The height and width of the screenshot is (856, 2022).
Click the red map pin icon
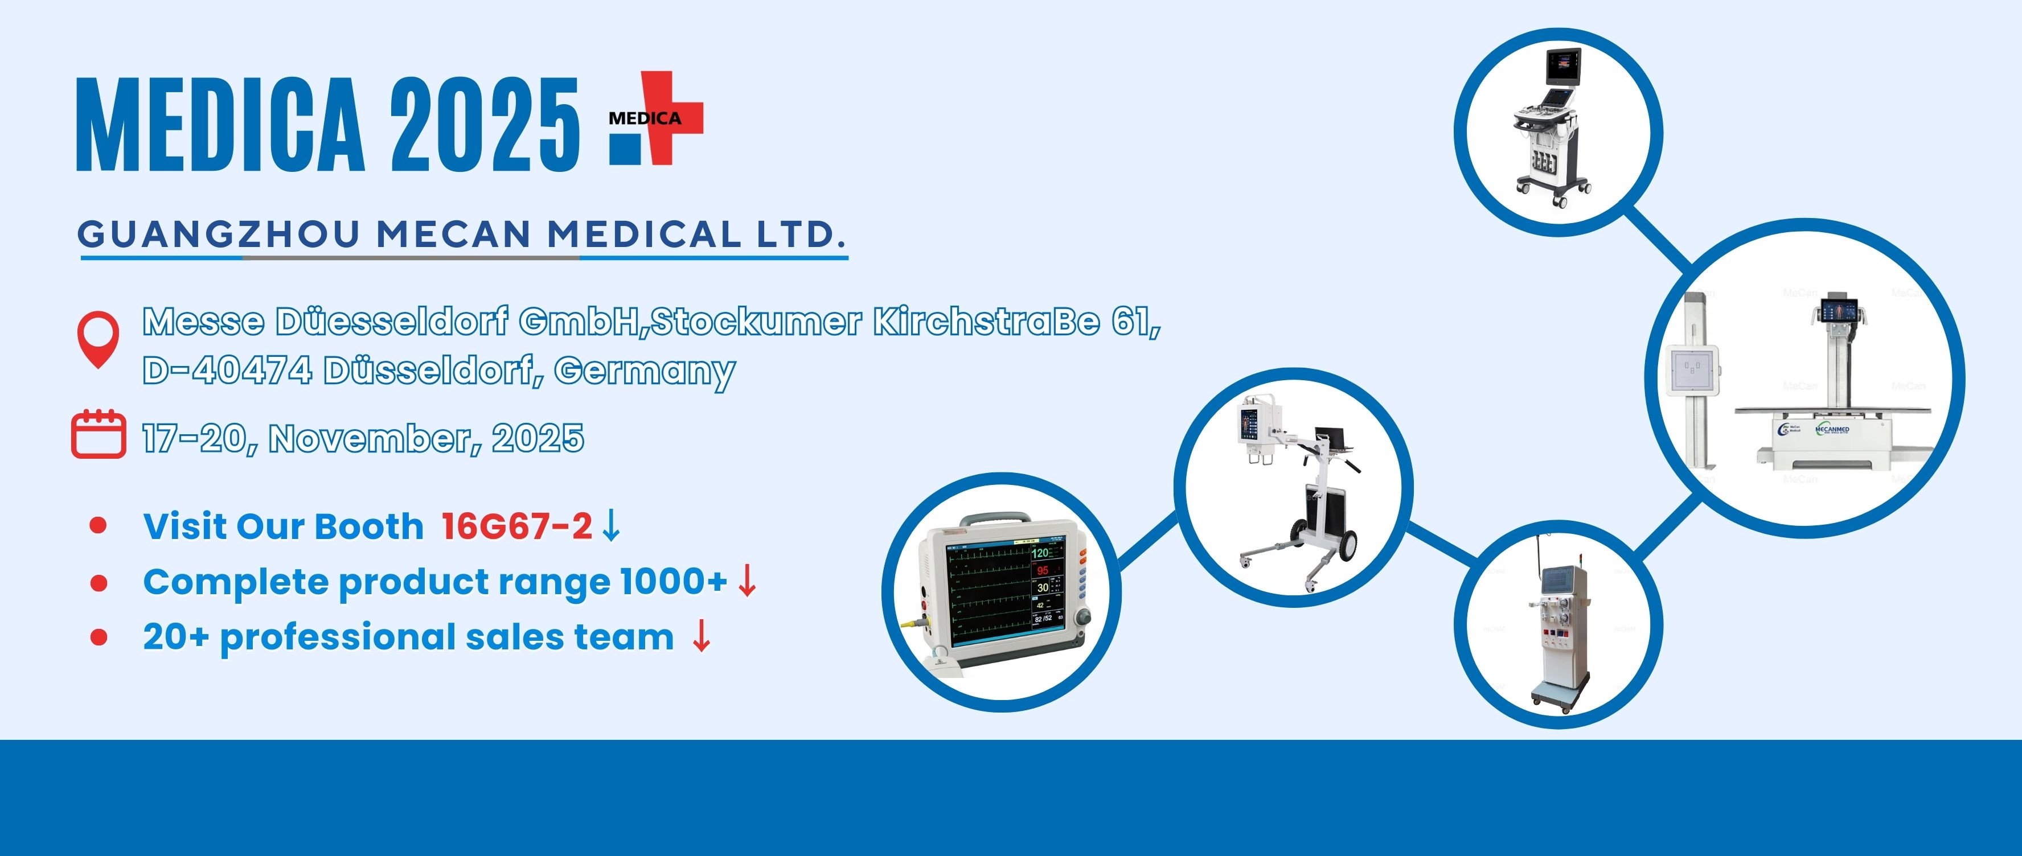pos(98,338)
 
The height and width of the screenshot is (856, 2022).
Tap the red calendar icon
pos(98,433)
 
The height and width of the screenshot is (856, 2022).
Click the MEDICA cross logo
pos(656,120)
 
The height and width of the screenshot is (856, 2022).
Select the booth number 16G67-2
pos(516,526)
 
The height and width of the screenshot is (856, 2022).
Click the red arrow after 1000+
pos(747,582)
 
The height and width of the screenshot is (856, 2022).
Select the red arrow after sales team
pos(701,636)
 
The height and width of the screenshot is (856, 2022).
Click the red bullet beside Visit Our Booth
pos(98,525)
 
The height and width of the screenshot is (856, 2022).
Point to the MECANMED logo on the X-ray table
pos(1833,430)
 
